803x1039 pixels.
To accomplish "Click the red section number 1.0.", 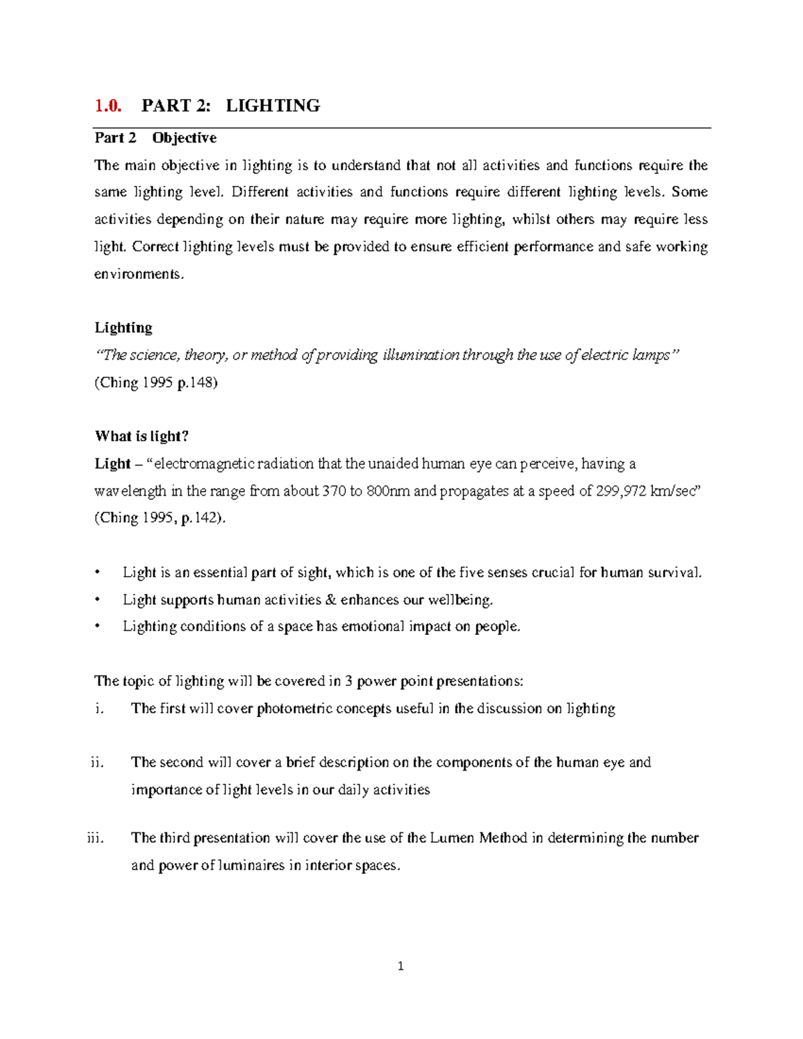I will (x=108, y=106).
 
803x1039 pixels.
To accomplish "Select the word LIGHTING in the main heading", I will (x=273, y=106).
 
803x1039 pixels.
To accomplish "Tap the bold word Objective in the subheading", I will (x=184, y=138).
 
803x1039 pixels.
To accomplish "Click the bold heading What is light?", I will (x=142, y=436).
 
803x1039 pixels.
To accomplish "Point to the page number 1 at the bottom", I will (x=401, y=965).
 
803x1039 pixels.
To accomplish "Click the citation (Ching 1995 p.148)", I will (x=156, y=383).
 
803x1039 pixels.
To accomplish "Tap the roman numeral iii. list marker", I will (x=95, y=838).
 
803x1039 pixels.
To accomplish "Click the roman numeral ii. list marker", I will (x=97, y=762).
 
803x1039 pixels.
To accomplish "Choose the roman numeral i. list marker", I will (x=99, y=709).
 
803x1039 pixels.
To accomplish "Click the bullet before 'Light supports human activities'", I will (x=98, y=599).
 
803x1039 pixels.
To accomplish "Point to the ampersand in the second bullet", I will (x=331, y=599).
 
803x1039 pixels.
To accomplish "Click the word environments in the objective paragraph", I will (x=138, y=274).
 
